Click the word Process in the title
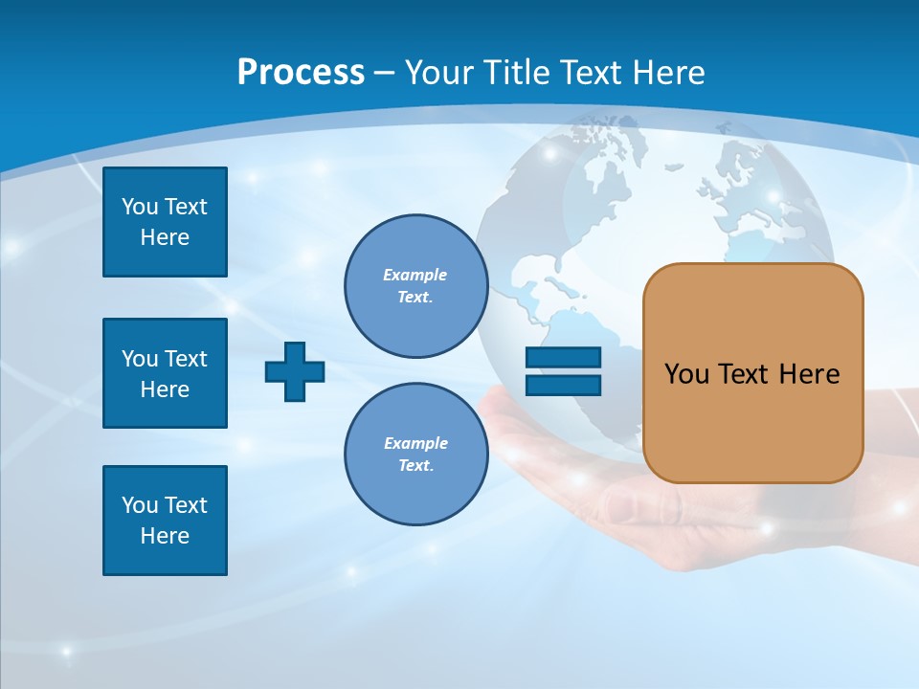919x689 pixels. point(301,72)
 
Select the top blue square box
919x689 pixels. point(165,222)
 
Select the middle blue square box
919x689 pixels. point(165,373)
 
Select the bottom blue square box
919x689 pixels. point(165,521)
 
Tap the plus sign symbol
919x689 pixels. point(295,371)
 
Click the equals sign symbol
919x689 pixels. point(563,371)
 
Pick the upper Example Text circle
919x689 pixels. point(415,286)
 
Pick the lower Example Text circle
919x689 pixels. point(415,455)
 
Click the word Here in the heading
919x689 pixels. point(670,73)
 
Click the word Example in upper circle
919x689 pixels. point(415,275)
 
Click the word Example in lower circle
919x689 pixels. point(415,443)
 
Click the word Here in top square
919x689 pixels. point(165,237)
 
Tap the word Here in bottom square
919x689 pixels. point(165,536)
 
